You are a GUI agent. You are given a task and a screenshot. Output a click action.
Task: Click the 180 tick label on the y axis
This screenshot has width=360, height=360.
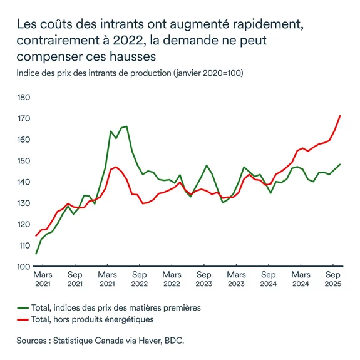tap(24, 97)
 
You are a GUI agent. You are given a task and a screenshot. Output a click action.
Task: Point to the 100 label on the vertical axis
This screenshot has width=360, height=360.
tap(24, 267)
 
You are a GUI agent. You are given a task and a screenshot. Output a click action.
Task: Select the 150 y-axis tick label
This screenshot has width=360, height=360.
tap(24, 161)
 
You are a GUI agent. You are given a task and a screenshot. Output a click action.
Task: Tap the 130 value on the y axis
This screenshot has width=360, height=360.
tap(24, 203)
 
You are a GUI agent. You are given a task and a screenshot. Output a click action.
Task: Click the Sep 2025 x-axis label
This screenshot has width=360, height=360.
tap(333, 279)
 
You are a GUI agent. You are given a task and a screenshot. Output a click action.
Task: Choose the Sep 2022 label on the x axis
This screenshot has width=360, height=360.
tap(139, 279)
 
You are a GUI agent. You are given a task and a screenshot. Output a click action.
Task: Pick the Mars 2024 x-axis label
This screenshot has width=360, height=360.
tap(301, 279)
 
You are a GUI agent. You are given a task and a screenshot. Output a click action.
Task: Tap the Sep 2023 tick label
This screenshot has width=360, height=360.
tap(203, 279)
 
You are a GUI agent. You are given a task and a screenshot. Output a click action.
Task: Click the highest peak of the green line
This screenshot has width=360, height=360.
tap(126, 126)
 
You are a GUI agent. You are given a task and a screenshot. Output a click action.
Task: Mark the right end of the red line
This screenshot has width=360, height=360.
tap(340, 116)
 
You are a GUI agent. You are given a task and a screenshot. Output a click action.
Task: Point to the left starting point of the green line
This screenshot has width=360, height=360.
tap(36, 254)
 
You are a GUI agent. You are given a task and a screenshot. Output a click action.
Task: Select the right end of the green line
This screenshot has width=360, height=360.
tap(340, 165)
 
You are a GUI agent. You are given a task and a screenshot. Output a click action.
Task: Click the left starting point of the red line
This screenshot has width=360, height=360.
tap(36, 236)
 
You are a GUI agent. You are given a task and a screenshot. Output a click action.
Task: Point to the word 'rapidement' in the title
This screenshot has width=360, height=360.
tap(267, 26)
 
